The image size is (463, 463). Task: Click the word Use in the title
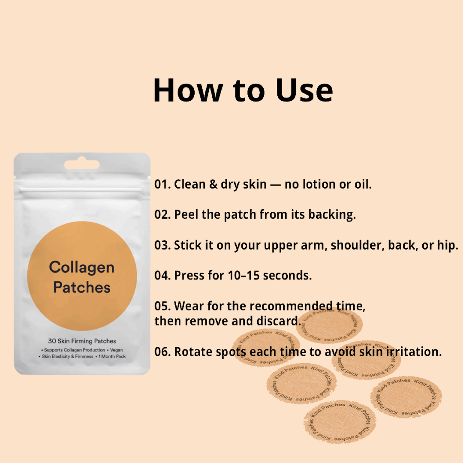coord(304,90)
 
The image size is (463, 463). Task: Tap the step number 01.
coord(162,185)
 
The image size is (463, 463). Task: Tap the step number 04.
coord(162,276)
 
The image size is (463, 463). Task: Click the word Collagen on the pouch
coord(81,268)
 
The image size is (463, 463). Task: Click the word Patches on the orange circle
coord(81,287)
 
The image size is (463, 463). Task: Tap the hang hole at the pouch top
coord(81,165)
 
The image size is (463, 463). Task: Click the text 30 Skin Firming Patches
coord(82,341)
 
